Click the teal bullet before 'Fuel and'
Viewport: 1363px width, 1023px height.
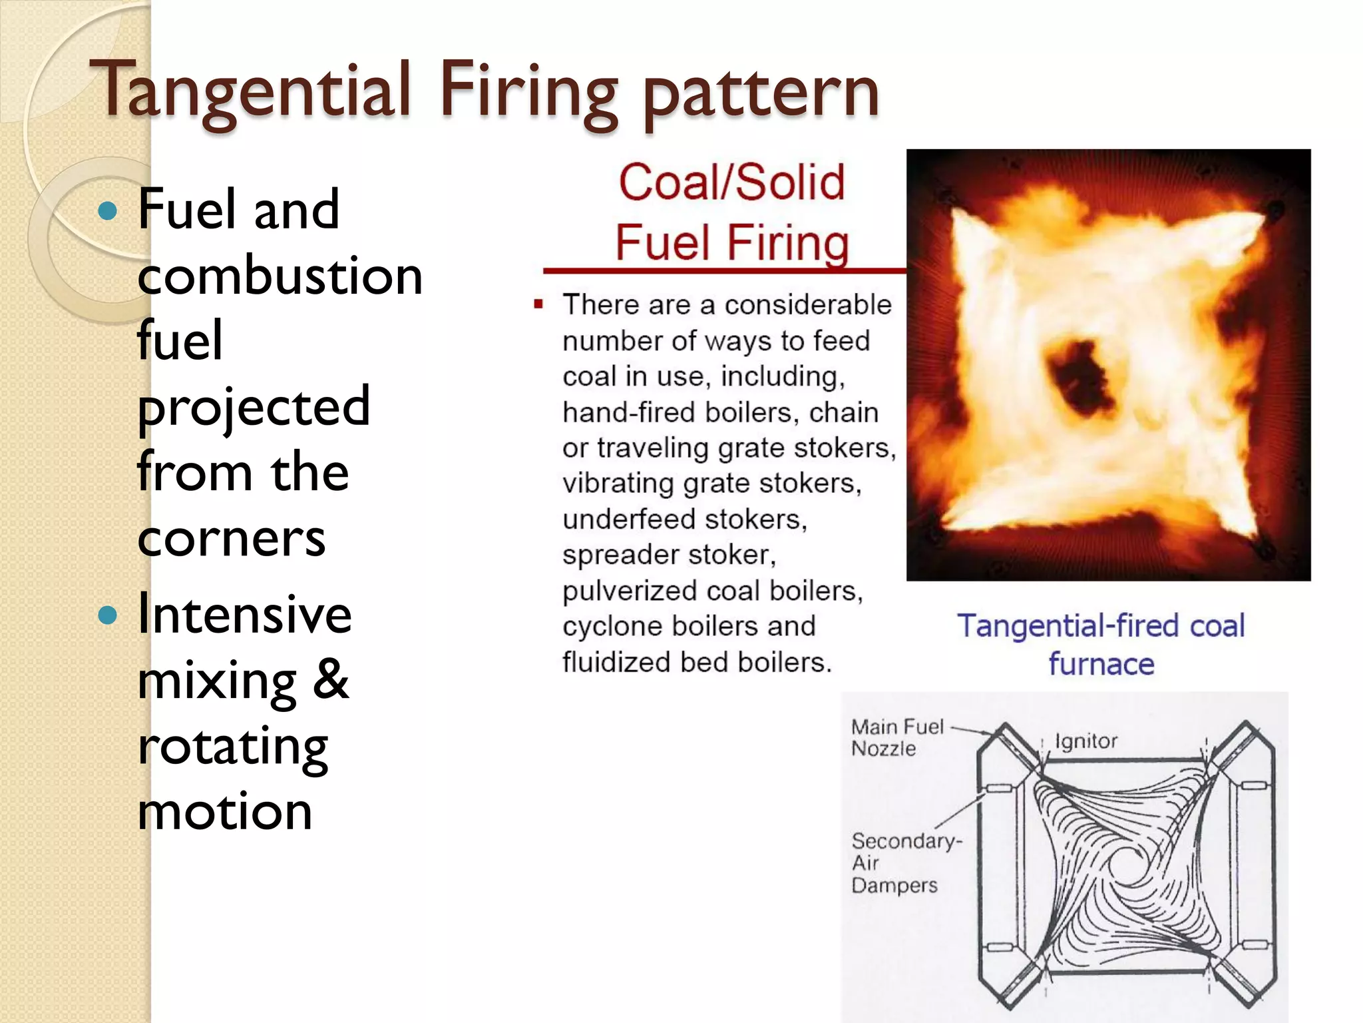pos(107,211)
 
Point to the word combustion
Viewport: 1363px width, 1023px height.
pos(280,276)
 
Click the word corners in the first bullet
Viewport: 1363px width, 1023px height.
pos(232,538)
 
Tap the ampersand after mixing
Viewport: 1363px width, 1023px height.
pos(330,679)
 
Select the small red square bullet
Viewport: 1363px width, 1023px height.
pos(538,305)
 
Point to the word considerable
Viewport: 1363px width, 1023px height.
pos(808,305)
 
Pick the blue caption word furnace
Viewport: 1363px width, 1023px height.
pos(1101,665)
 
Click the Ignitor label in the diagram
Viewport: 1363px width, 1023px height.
pos(1086,741)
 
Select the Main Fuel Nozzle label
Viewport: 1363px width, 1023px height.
pos(896,737)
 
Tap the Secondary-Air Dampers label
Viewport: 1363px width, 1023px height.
pos(905,862)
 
